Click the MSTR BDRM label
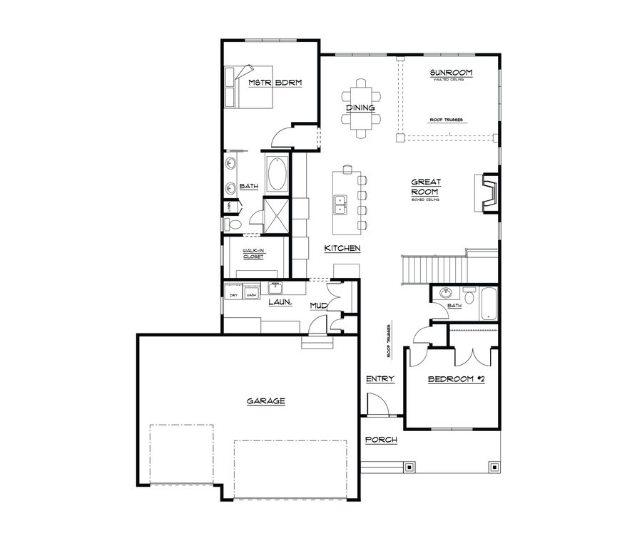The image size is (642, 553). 275,83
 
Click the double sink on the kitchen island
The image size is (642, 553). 340,205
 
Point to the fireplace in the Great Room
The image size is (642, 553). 489,192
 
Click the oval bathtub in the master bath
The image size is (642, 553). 277,173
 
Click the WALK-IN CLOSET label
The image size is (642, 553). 253,254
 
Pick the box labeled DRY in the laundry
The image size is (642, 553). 233,294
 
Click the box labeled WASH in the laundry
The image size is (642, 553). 250,294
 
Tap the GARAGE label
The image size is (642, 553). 266,401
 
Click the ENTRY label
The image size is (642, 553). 379,379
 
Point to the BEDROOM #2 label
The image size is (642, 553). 456,379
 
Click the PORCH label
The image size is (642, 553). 381,440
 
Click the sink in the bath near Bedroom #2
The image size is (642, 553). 447,294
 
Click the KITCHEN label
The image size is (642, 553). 342,249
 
